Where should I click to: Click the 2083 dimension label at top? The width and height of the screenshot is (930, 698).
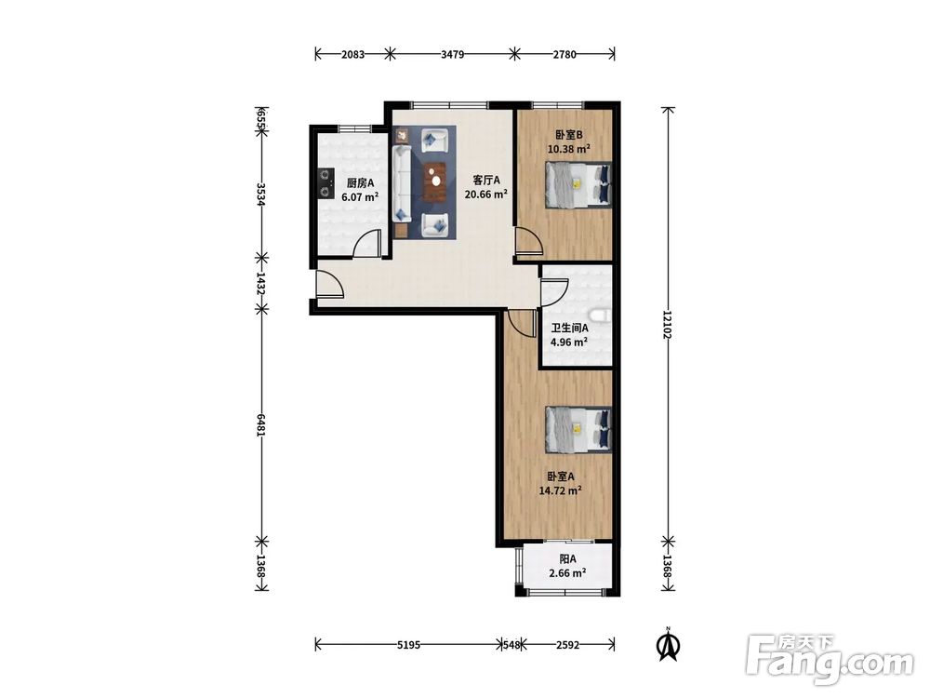coord(352,55)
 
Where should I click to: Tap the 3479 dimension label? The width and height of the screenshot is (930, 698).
coord(452,55)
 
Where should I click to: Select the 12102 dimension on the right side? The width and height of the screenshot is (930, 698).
coord(668,325)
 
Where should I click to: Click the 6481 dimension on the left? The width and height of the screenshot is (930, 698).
coord(261,424)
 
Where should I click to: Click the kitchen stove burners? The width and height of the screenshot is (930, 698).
coord(324,182)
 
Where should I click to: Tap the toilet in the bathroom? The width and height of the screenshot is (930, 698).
coord(600,315)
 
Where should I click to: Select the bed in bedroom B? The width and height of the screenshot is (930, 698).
coord(578,185)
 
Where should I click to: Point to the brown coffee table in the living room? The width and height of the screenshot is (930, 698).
coord(436,182)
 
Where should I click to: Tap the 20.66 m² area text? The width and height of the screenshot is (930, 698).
coord(486,195)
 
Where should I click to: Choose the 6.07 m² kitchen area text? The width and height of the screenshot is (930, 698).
coord(360,197)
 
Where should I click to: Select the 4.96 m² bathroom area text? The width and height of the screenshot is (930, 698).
coord(569,342)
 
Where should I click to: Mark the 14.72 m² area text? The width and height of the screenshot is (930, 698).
coord(560,490)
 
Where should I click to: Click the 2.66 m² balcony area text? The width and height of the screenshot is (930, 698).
coord(567,573)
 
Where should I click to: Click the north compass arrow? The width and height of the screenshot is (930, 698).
coord(669,645)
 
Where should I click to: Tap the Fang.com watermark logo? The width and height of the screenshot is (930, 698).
coord(830,660)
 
